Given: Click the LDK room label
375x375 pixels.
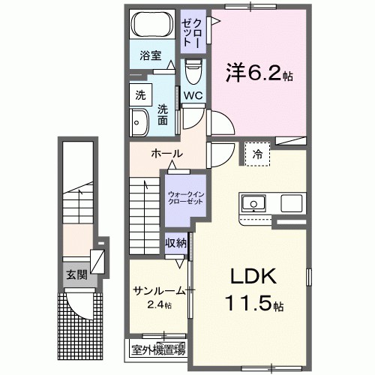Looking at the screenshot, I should pos(248,277).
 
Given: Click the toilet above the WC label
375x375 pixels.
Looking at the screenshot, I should pos(193,73).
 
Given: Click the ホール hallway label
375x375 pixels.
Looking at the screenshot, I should pos(167,154).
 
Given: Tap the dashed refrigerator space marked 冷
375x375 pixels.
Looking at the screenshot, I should pos(256,154).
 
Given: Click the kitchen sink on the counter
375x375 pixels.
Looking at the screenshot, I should pos(252,203).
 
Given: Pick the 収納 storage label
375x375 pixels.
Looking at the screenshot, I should pos(177,244).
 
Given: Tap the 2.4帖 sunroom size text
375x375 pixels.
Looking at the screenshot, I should pos(159,305).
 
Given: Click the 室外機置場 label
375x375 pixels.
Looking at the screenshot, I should pos(159,349).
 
